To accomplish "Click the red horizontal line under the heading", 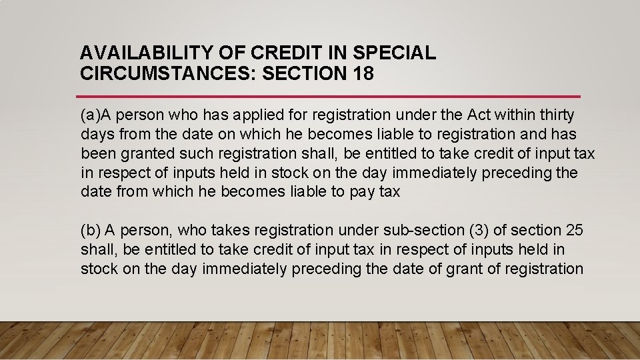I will coord(329,97).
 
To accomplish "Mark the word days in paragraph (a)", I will coord(96,135).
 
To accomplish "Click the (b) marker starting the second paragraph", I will coord(90,230).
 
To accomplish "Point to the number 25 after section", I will coord(574,230).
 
